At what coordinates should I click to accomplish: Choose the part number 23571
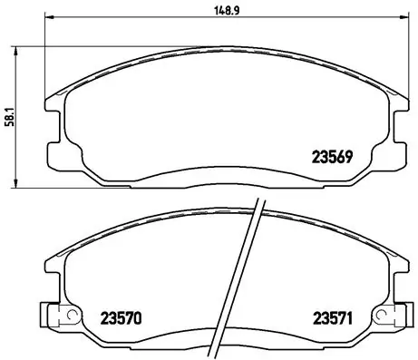pyautogui.click(x=332, y=318)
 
